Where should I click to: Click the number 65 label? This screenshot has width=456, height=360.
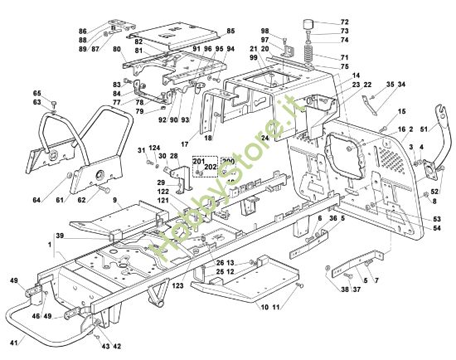point(36,94)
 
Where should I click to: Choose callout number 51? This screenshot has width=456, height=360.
point(425,129)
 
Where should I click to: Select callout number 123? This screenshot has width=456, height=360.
point(177,286)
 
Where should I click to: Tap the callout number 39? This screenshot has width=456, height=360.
point(37,236)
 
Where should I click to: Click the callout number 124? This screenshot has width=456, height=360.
point(154,148)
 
